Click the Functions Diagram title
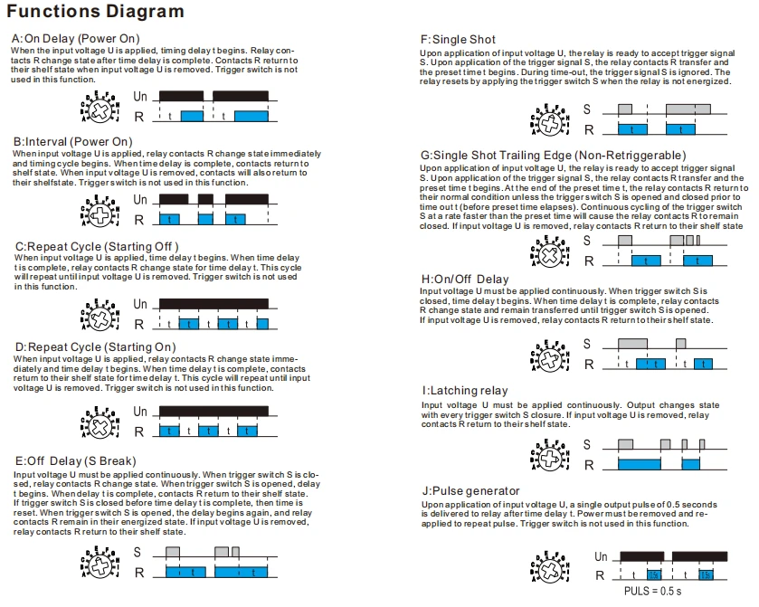[95, 11]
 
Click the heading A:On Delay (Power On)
[75, 39]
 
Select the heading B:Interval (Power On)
[72, 142]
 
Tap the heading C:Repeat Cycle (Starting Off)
[97, 246]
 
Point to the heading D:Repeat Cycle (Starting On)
[95, 347]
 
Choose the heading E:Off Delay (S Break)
[75, 460]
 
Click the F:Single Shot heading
[458, 40]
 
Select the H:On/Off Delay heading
[465, 280]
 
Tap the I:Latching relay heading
[465, 391]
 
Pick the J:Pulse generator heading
[470, 491]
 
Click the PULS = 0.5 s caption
[652, 592]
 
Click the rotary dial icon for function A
[100, 107]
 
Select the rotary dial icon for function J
[549, 567]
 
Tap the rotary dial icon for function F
[549, 119]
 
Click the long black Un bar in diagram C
[213, 304]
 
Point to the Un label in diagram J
[601, 556]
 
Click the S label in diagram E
[138, 553]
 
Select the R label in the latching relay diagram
[589, 465]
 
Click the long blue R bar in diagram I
[639, 464]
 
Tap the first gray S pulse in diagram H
[632, 344]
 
